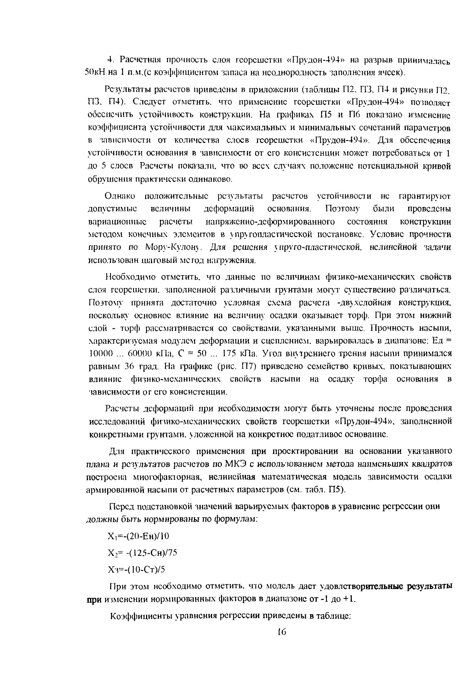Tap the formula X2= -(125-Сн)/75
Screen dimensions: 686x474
pyautogui.click(x=142, y=552)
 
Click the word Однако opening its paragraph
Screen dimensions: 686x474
pyautogui.click(x=120, y=196)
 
